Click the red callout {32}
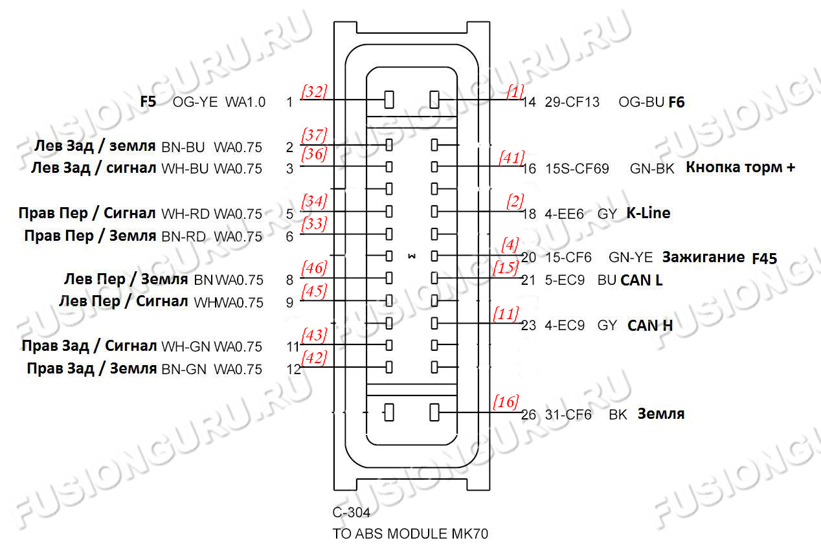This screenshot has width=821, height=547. tap(314, 91)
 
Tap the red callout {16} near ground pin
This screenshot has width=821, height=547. tap(506, 402)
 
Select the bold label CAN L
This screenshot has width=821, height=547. tap(642, 280)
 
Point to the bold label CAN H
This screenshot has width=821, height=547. tap(650, 325)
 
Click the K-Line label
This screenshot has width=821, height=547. tap(648, 213)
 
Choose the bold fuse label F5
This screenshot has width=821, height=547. tap(148, 102)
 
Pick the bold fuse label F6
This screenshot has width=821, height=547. tap(677, 102)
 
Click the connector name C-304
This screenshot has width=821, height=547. tap(352, 513)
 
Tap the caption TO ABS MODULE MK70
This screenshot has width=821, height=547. tap(410, 534)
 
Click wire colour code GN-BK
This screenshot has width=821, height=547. tap(652, 169)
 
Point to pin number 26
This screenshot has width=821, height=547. tap(529, 414)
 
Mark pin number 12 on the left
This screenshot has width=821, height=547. tap(293, 370)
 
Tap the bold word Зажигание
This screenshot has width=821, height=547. tap(703, 257)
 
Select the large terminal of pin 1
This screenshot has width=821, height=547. tap(390, 100)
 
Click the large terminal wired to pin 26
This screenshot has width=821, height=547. tap(434, 412)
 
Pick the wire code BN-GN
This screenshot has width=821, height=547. tap(183, 370)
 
